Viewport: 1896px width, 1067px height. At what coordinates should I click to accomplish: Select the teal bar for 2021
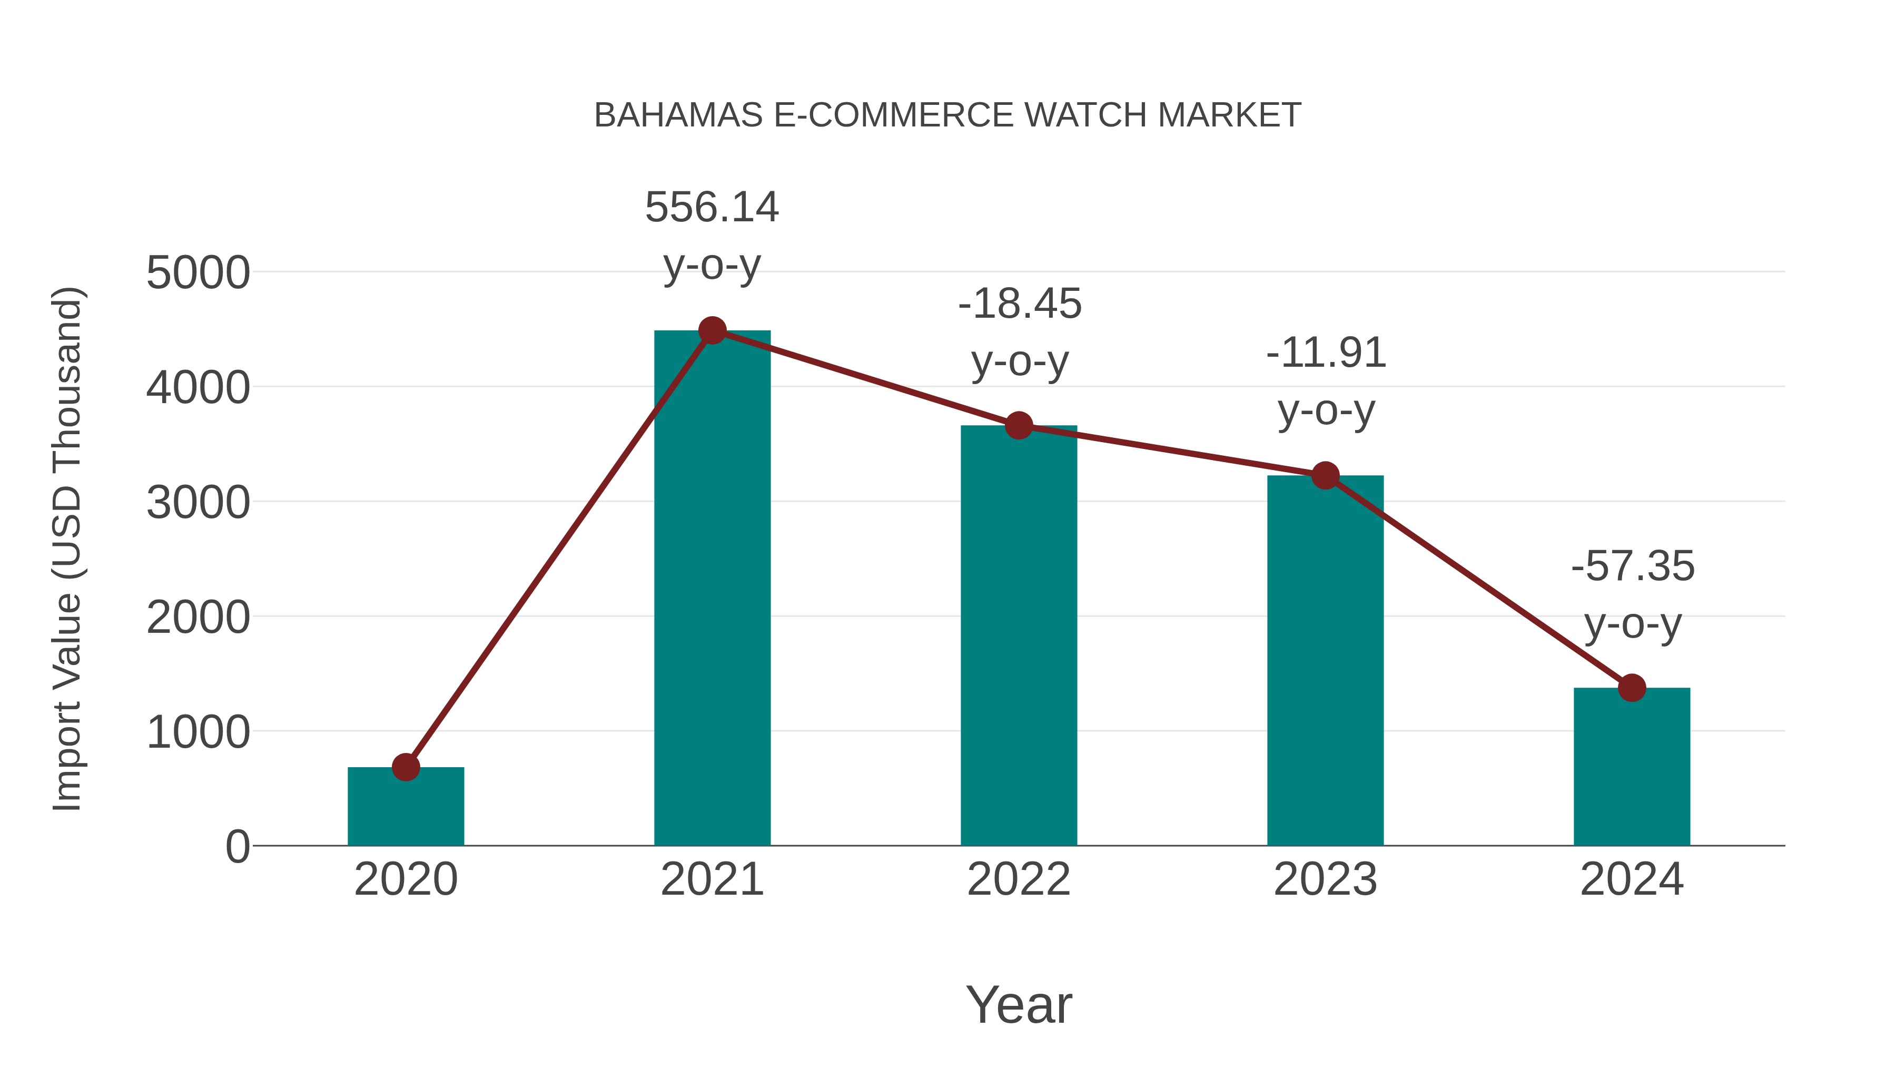712,589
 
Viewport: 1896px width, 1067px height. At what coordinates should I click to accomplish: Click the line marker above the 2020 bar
406,767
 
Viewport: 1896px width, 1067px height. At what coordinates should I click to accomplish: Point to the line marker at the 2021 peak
712,330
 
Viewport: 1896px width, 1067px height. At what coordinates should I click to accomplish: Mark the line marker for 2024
1632,688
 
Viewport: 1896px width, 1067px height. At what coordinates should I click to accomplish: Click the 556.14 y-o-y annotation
712,235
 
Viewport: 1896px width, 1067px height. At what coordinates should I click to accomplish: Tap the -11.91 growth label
1326,381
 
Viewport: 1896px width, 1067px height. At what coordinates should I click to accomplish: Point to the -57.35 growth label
1633,594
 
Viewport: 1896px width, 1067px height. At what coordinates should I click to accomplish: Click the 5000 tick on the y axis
198,273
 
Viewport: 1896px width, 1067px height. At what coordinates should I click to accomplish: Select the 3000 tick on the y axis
198,503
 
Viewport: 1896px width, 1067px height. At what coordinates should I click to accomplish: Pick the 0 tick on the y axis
237,846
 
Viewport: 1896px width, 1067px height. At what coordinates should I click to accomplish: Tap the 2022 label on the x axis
1019,879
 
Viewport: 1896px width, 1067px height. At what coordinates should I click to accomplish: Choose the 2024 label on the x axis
1632,879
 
